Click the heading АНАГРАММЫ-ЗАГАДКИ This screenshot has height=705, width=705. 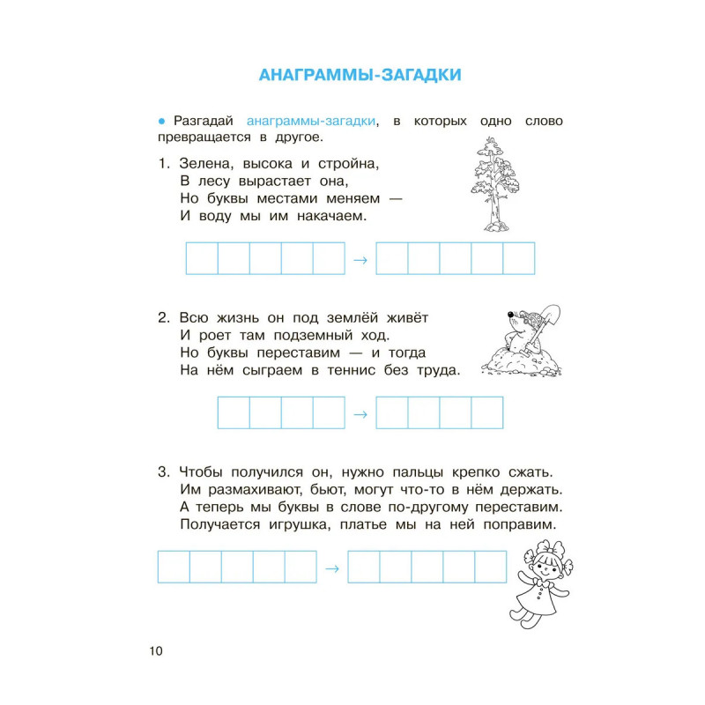(x=360, y=75)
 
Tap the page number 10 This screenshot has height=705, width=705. (x=155, y=650)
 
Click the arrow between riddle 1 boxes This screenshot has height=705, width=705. (x=360, y=259)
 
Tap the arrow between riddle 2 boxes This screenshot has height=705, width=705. (x=360, y=413)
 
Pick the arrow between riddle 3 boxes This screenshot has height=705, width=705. (x=331, y=568)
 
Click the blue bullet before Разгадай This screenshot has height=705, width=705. (x=162, y=120)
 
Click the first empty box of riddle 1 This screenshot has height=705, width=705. (x=202, y=258)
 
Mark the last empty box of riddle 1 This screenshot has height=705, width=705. (x=519, y=258)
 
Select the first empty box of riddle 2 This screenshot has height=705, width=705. (x=234, y=413)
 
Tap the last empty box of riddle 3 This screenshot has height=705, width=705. (x=491, y=568)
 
